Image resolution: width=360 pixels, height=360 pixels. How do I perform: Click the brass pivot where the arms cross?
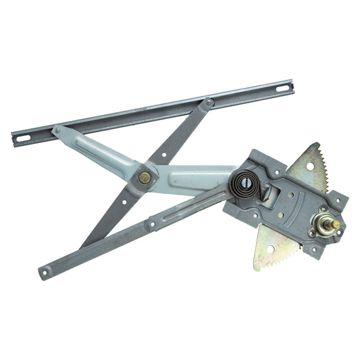pos(144,178)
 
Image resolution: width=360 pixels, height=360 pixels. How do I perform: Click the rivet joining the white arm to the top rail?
pos(57,130)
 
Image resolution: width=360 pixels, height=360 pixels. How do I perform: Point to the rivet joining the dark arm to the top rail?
pos(209,103)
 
